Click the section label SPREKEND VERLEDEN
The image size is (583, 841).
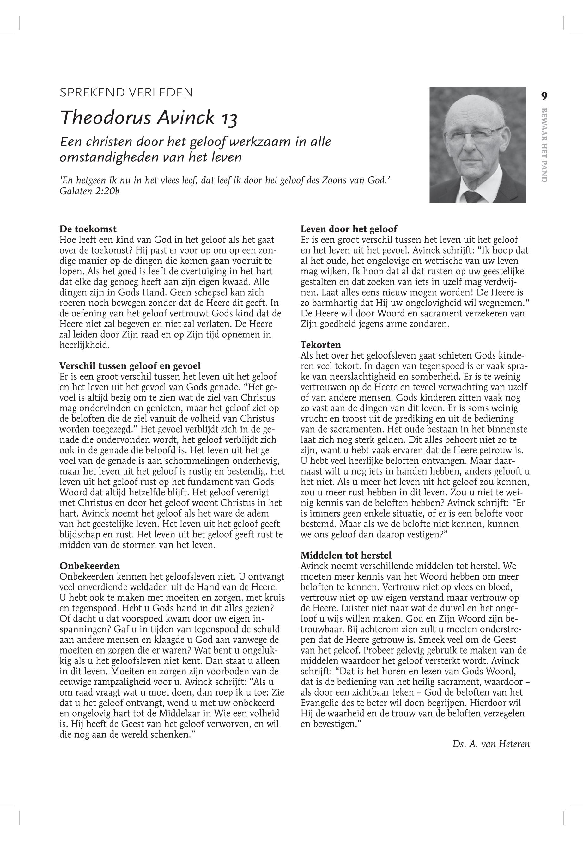[126, 92]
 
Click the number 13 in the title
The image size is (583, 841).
[228, 118]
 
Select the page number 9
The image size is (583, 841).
[544, 96]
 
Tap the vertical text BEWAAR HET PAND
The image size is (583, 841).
[544, 145]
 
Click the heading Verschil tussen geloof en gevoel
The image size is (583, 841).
[130, 366]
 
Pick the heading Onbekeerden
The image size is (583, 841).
[89, 566]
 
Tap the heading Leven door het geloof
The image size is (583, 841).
[349, 229]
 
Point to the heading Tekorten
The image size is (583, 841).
[320, 345]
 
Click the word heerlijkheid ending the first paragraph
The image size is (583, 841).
[84, 345]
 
